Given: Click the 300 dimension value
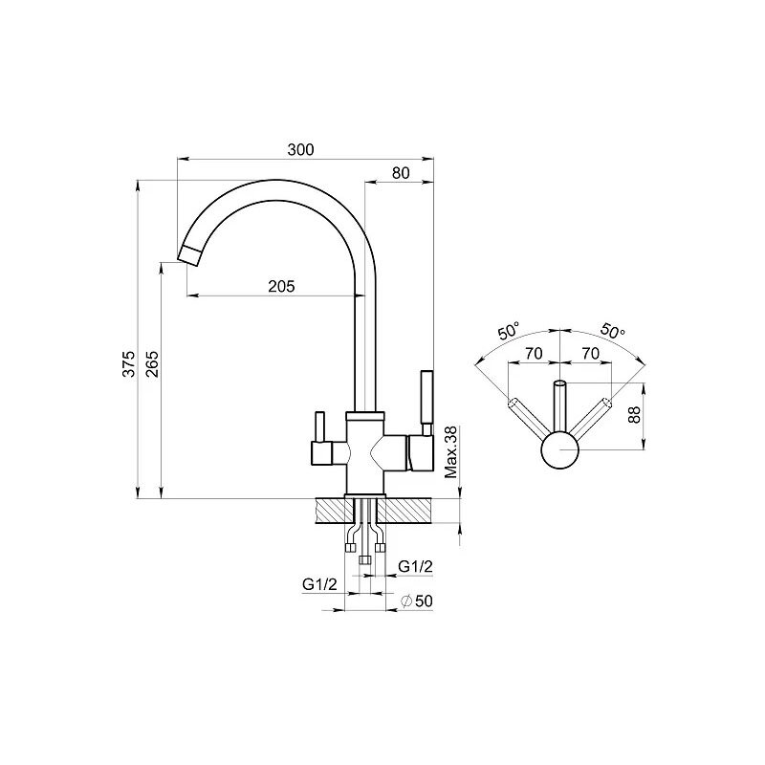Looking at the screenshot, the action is (300, 149).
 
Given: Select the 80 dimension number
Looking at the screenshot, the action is (401, 173).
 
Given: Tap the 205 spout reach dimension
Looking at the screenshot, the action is (281, 286).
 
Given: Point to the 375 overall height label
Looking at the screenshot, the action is (128, 363).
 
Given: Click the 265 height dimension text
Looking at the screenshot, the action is (152, 363).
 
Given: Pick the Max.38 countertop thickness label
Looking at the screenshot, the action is (451, 451).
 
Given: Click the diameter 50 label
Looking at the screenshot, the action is (417, 601).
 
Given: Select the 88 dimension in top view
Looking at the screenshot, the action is (633, 415).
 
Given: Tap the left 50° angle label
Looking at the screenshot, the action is (508, 332).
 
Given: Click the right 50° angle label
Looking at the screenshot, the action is (612, 331).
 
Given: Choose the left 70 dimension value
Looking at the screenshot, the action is (534, 353).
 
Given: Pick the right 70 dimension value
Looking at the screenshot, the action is (590, 353).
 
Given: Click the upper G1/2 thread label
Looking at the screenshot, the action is (415, 566).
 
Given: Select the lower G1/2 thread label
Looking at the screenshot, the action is (319, 584).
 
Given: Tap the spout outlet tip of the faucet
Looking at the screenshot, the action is (188, 256).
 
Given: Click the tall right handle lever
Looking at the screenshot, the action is (426, 398).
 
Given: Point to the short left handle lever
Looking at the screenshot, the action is (320, 426).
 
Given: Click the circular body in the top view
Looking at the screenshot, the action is (559, 449).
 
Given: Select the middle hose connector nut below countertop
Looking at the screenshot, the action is (364, 560).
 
